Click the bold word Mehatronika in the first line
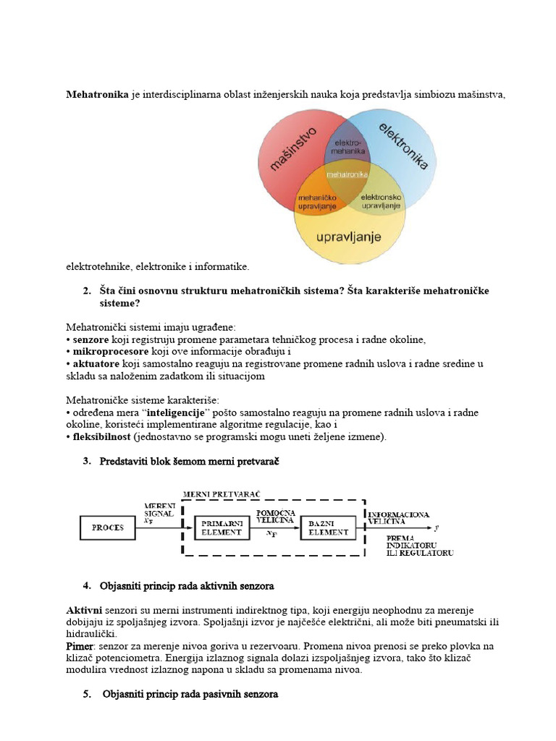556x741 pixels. coord(98,94)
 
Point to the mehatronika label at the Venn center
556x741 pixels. coord(347,175)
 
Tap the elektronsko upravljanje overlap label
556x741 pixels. coord(381,201)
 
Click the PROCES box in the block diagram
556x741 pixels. coord(107,528)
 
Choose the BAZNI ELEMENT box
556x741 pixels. coord(328,528)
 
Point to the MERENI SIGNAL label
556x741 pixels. coord(159,509)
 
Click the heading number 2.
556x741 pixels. coord(87,290)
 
